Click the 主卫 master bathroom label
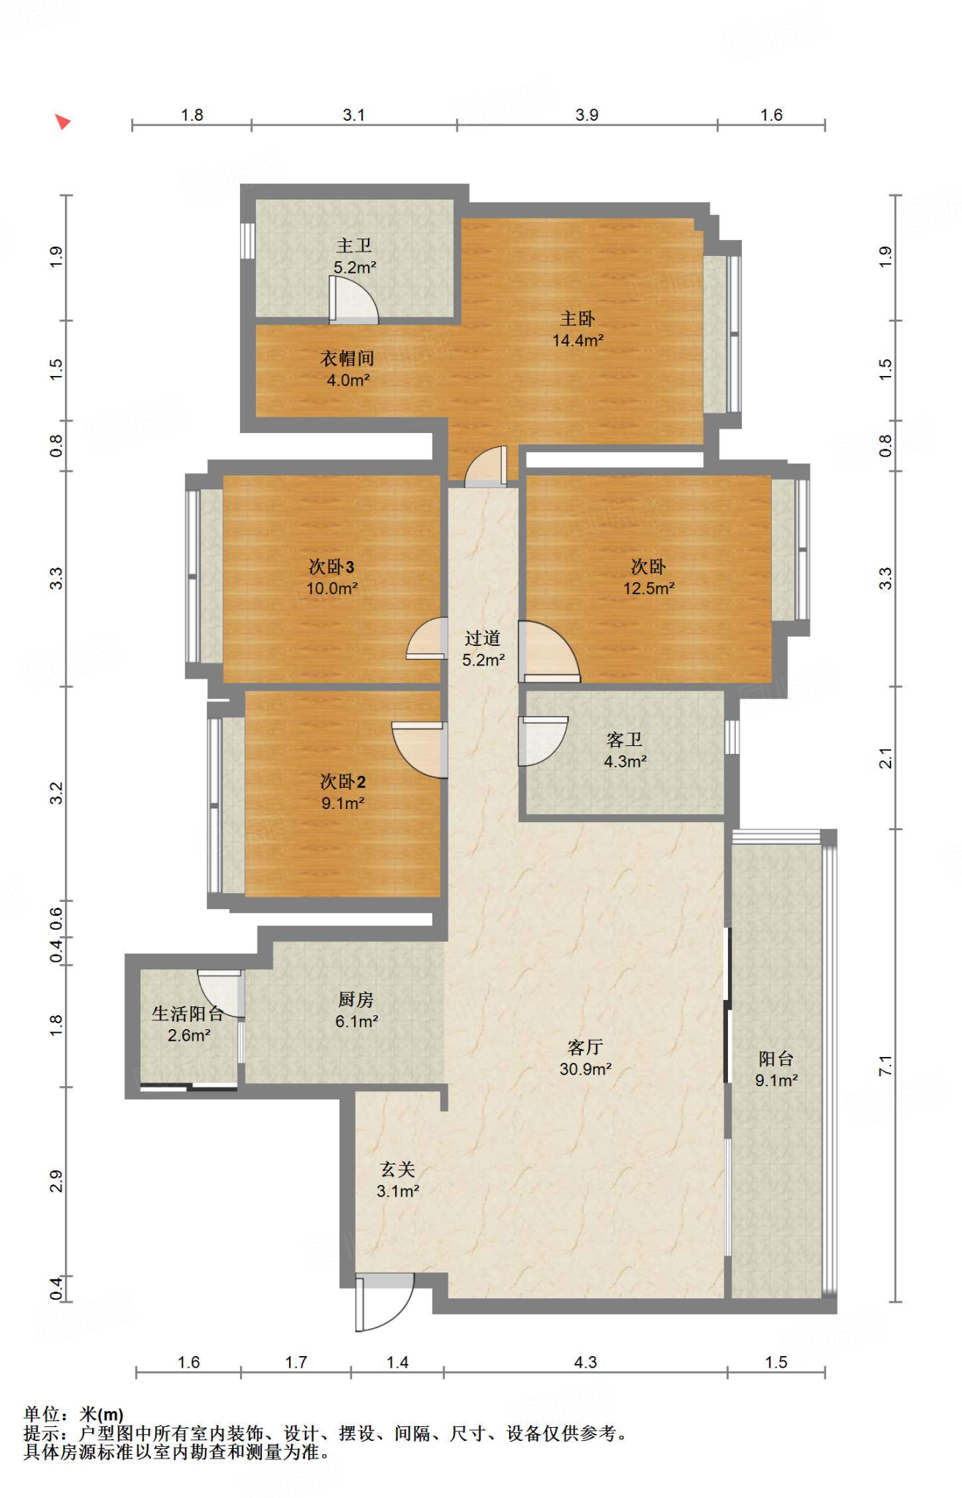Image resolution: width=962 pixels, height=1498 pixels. (354, 246)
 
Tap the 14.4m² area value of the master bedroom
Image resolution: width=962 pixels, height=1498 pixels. (578, 340)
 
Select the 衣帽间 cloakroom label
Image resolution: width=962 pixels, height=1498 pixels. (347, 358)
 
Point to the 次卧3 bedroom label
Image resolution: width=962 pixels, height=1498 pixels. (331, 567)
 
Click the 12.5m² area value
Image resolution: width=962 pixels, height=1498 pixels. (649, 588)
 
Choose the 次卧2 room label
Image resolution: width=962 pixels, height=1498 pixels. (342, 782)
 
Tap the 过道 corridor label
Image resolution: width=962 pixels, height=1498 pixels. (483, 639)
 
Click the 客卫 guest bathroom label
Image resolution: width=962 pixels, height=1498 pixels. (625, 740)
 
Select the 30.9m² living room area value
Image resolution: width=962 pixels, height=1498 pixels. (585, 1069)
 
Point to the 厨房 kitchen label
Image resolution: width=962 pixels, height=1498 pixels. (356, 1000)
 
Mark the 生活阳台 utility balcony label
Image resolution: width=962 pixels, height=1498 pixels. (188, 1014)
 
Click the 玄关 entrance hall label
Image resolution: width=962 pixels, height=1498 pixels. (398, 1170)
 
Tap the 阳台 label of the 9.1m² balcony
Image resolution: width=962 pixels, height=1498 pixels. (776, 1059)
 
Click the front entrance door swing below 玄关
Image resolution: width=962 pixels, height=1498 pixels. (385, 1303)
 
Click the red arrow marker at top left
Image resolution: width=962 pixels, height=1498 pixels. (63, 121)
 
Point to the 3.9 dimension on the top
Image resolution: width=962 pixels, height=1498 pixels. (587, 115)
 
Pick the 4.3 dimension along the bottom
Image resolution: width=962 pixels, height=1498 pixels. (585, 1362)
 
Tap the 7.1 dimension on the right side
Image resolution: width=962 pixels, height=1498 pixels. (885, 1066)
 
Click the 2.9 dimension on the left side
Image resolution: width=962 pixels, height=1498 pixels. (56, 1181)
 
